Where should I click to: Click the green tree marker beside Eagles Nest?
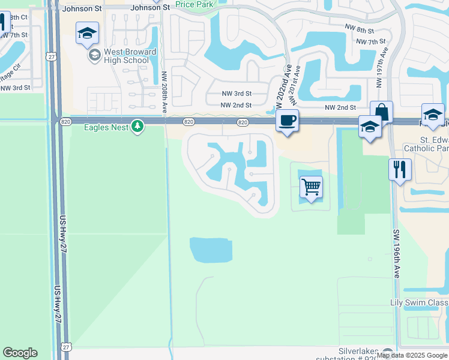(x=138, y=126)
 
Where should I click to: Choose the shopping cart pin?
(x=311, y=187)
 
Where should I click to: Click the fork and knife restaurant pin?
(x=399, y=169)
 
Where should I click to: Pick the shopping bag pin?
(x=381, y=112)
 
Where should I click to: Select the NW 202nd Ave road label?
(x=282, y=86)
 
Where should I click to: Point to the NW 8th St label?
(x=360, y=30)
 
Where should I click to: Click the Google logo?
(x=20, y=353)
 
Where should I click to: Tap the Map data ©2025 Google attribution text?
(x=412, y=355)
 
